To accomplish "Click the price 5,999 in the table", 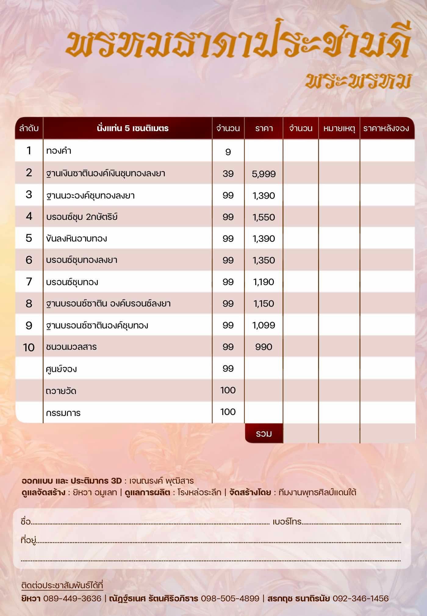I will tap(264, 174).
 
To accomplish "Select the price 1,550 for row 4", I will tap(264, 217).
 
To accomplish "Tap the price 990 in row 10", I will tap(264, 347).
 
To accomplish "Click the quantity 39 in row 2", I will tap(228, 174).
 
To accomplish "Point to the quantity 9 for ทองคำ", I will tap(228, 152).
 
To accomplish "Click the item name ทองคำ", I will tap(59, 151).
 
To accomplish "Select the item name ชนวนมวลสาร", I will tap(71, 347).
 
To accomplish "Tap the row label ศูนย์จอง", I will tap(61, 369).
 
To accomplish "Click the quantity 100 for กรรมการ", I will tap(228, 412).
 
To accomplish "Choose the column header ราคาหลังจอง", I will tap(386, 128).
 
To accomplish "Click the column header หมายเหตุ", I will tap(339, 128).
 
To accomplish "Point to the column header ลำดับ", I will tap(29, 128).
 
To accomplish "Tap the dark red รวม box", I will tap(264, 433).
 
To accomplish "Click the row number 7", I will tap(29, 281).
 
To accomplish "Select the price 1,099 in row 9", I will tap(264, 325).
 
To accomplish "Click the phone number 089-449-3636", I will tap(72, 598).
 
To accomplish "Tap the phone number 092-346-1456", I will tap(361, 598).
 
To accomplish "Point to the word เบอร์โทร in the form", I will tap(287, 521).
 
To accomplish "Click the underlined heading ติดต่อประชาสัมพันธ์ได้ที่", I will tap(62, 585).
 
